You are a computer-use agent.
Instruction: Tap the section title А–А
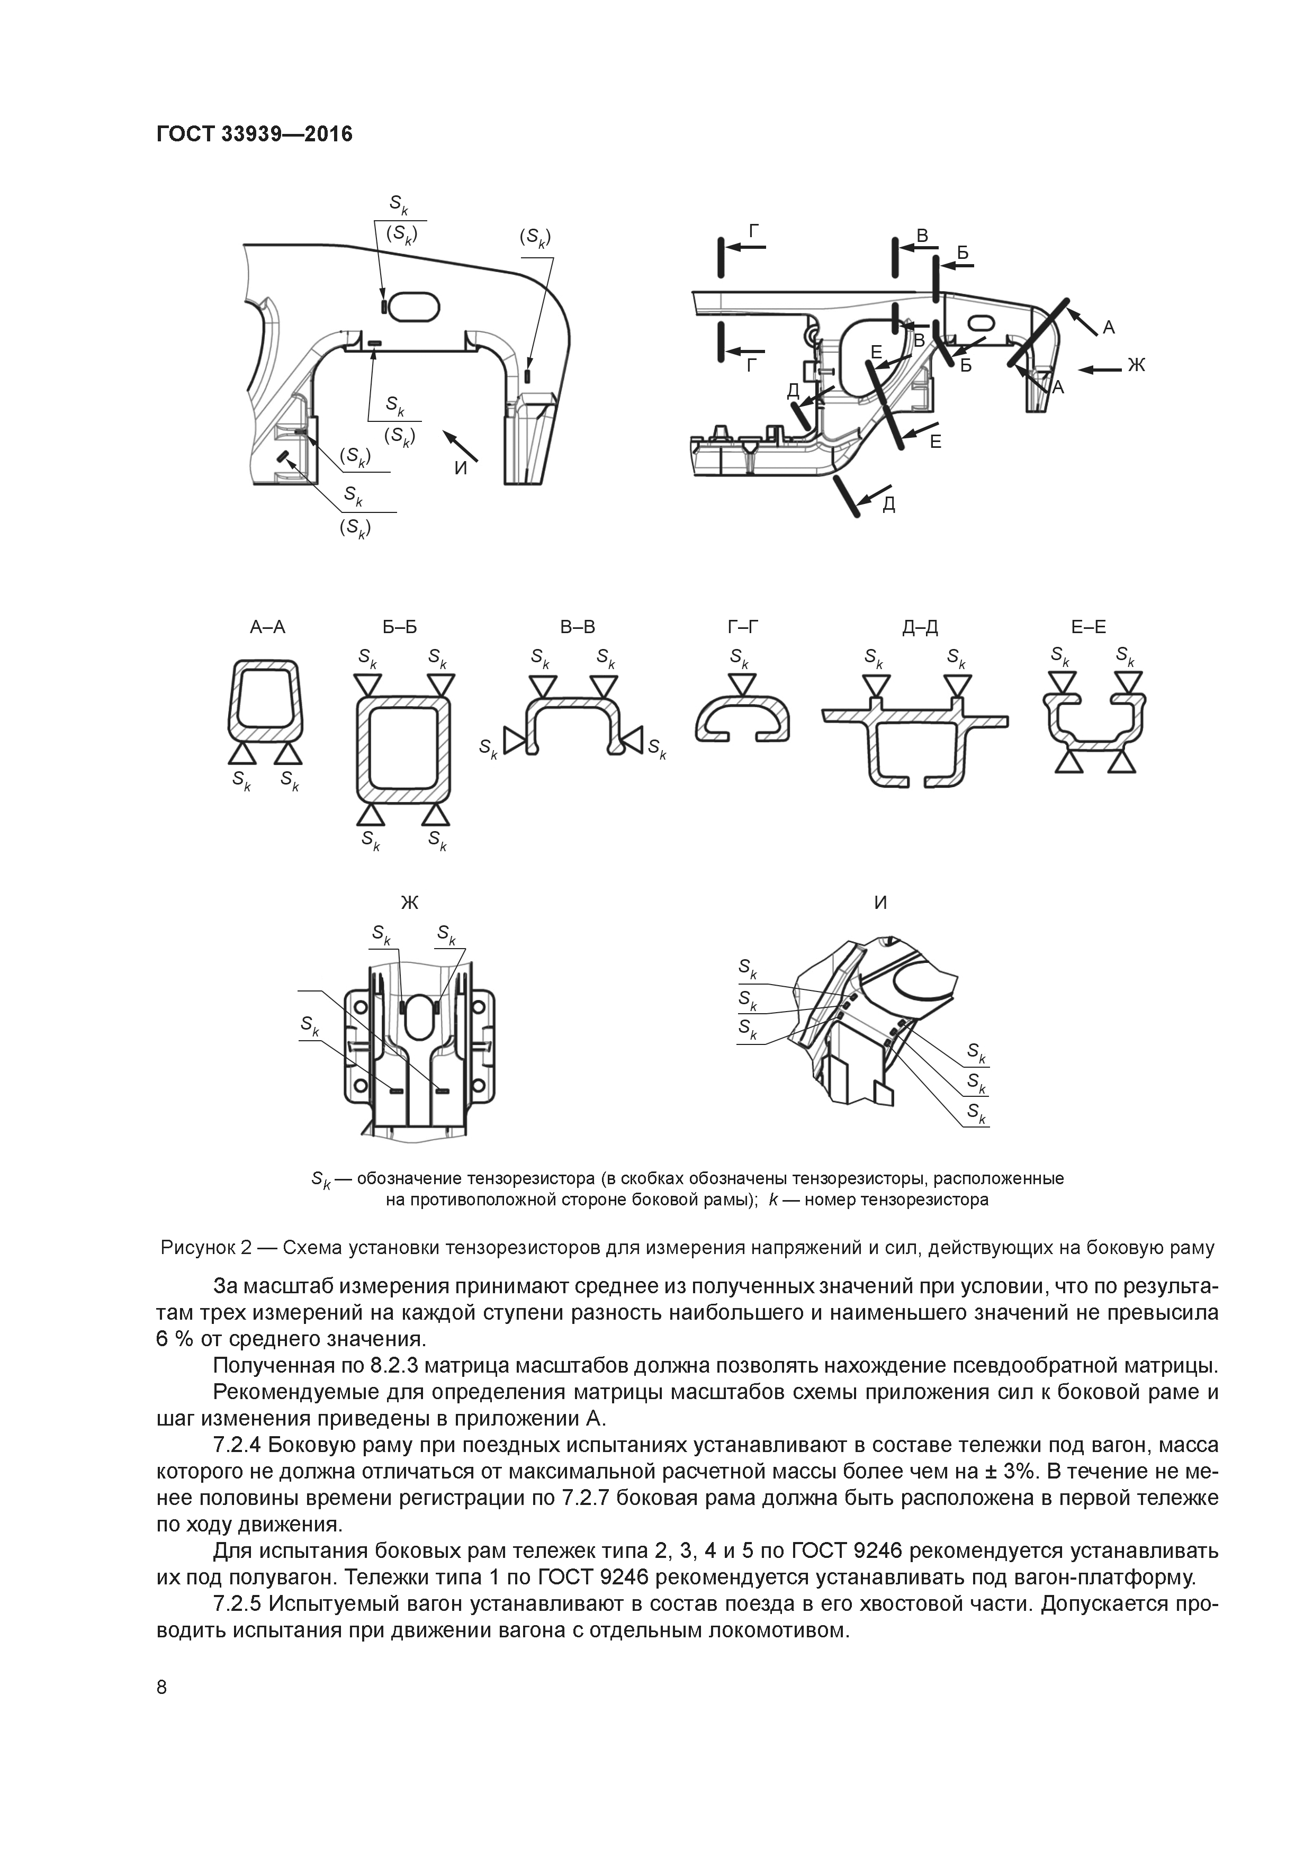[268, 628]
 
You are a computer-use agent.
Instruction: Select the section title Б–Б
[400, 628]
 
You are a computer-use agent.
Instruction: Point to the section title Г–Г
[743, 628]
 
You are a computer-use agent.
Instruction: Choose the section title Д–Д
[920, 628]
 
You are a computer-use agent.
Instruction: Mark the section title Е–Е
[1088, 628]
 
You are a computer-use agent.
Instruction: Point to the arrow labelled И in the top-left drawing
[462, 446]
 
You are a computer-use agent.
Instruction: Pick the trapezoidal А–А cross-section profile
[267, 700]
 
